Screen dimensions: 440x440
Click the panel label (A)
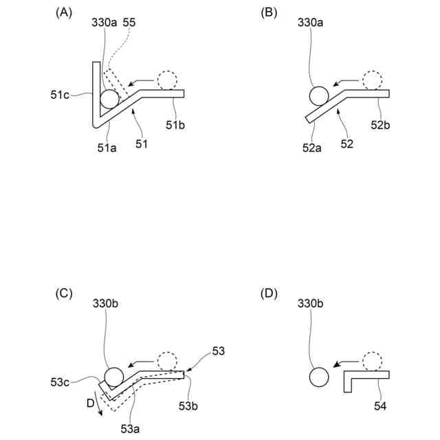64,12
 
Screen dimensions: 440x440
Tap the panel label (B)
270,12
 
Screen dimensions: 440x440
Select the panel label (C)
64,294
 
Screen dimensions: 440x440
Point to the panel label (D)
270,294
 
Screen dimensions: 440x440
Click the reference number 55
129,23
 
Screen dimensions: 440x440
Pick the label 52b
380,124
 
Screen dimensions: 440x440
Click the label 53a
130,428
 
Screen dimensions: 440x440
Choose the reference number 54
381,407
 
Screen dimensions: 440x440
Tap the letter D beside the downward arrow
90,404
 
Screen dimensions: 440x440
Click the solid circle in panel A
109,98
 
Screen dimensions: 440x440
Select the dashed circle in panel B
373,80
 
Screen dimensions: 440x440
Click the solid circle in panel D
318,377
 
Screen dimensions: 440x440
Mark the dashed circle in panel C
166,361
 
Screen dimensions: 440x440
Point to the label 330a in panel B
309,23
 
